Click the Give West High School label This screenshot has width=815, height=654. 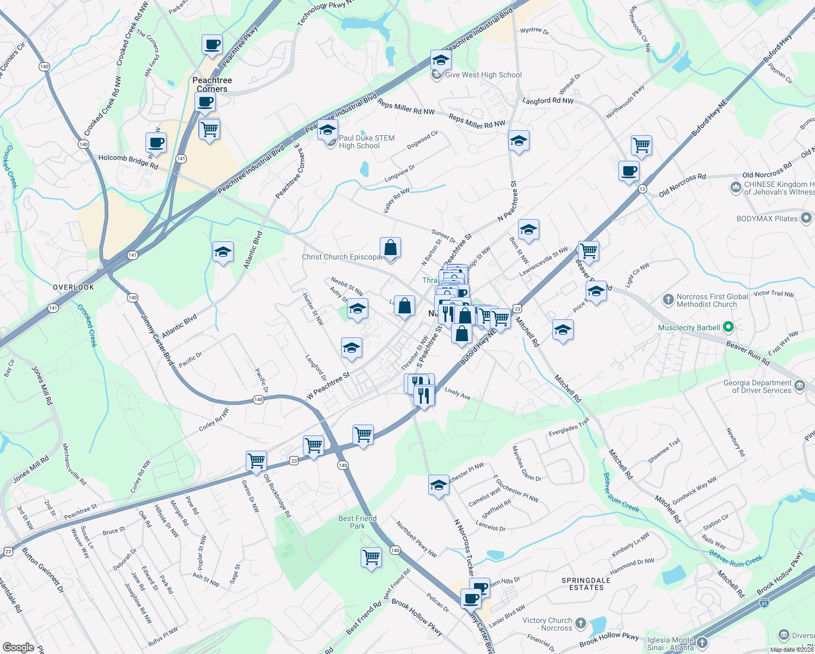click(483, 75)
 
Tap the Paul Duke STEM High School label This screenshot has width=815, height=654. click(366, 142)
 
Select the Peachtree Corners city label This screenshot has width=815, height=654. click(212, 84)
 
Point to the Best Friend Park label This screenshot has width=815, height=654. click(357, 522)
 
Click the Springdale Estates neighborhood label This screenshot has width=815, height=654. click(586, 584)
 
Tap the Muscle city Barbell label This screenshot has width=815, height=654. click(689, 328)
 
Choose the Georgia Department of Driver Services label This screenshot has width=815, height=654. click(757, 386)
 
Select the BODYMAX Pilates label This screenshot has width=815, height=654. click(767, 219)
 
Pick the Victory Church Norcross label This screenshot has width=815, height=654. click(548, 624)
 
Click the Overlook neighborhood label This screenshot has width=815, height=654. click(74, 287)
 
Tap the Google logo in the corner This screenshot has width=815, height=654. click(18, 647)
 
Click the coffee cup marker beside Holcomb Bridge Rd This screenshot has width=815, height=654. click(156, 143)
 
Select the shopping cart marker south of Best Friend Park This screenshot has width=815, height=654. click(371, 558)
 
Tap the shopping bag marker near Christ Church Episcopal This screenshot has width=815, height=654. click(391, 247)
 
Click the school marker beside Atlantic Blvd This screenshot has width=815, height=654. click(223, 252)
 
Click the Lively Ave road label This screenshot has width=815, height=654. click(457, 393)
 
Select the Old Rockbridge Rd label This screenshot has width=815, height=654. click(277, 495)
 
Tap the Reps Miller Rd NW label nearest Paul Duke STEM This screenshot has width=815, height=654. click(406, 107)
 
